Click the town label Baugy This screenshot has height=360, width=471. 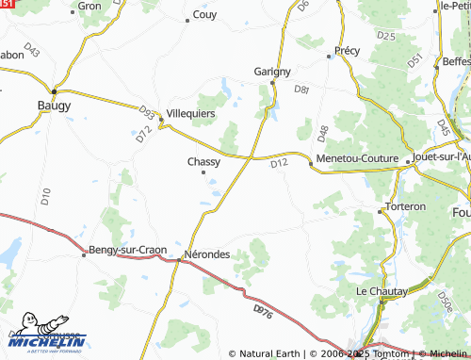pyautogui.click(x=54, y=105)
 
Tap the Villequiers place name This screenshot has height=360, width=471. pyautogui.click(x=191, y=112)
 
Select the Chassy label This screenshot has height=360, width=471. pyautogui.click(x=204, y=161)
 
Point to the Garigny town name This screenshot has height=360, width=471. pyautogui.click(x=272, y=71)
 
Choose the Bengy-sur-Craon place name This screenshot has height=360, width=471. pyautogui.click(x=127, y=250)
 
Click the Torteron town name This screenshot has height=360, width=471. pyautogui.click(x=406, y=205)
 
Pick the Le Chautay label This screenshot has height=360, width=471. pyautogui.click(x=382, y=291)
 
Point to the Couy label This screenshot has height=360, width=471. pyautogui.click(x=204, y=14)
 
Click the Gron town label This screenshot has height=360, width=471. pyautogui.click(x=89, y=6)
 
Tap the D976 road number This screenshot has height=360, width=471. pyautogui.click(x=264, y=309)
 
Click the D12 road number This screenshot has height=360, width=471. pyautogui.click(x=278, y=164)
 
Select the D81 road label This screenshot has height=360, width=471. pyautogui.click(x=301, y=90)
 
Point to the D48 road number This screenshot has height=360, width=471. pyautogui.click(x=322, y=133)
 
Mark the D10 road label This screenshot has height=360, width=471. pyautogui.click(x=44, y=196)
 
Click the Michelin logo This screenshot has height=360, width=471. pyautogui.click(x=46, y=340)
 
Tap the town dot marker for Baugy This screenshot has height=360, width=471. pyautogui.click(x=55, y=90)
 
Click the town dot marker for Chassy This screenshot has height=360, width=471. pyautogui.click(x=203, y=172)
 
